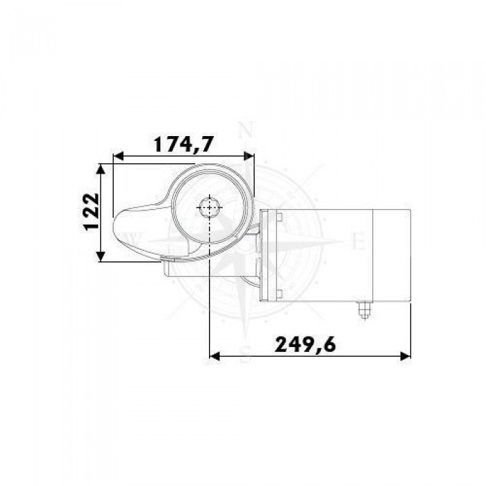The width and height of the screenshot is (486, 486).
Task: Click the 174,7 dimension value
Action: coord(184,144)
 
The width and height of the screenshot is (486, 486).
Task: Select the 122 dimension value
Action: coord(92,212)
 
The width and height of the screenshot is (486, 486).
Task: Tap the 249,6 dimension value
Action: coord(305,344)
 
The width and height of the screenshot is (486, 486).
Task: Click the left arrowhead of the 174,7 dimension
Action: coord(119,156)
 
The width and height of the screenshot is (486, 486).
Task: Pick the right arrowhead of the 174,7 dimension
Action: coord(249,156)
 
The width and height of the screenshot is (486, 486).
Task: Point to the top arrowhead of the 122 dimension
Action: coord(100,169)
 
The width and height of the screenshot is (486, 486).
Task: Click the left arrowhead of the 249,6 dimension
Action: coord(215,356)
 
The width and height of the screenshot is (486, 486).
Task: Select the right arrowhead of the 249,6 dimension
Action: coord(405,356)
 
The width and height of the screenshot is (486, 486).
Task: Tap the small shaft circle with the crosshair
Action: coord(210,208)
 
